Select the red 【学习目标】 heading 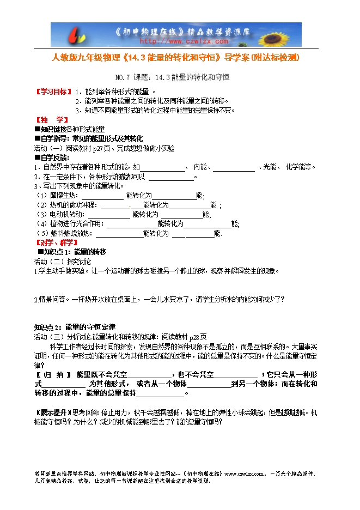(x=53, y=92)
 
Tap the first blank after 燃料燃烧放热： (x=119, y=233)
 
